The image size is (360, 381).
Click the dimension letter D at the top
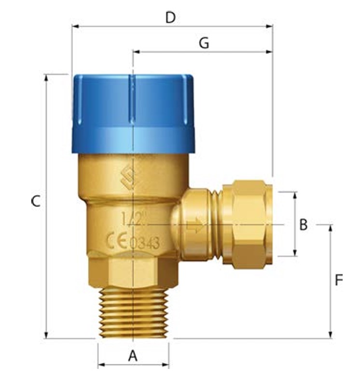170,17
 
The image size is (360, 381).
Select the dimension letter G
204,43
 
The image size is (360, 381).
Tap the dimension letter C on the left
35,201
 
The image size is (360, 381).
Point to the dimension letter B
303,225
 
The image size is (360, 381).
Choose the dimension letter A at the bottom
133,356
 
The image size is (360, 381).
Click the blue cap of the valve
133,113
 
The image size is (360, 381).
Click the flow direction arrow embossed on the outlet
195,225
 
